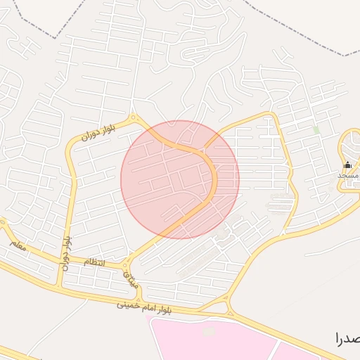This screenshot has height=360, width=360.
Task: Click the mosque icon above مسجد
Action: pyautogui.click(x=347, y=165)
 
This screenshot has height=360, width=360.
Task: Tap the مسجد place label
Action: pyautogui.click(x=349, y=174)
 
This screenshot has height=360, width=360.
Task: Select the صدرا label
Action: pyautogui.click(x=349, y=338)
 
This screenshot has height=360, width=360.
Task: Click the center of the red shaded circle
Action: pyautogui.click(x=180, y=179)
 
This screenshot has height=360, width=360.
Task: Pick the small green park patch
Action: pyautogui.click(x=316, y=130)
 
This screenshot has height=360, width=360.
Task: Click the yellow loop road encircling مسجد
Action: pyautogui.click(x=340, y=151)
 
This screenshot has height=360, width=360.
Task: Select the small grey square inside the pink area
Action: pyautogui.click(x=208, y=330)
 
